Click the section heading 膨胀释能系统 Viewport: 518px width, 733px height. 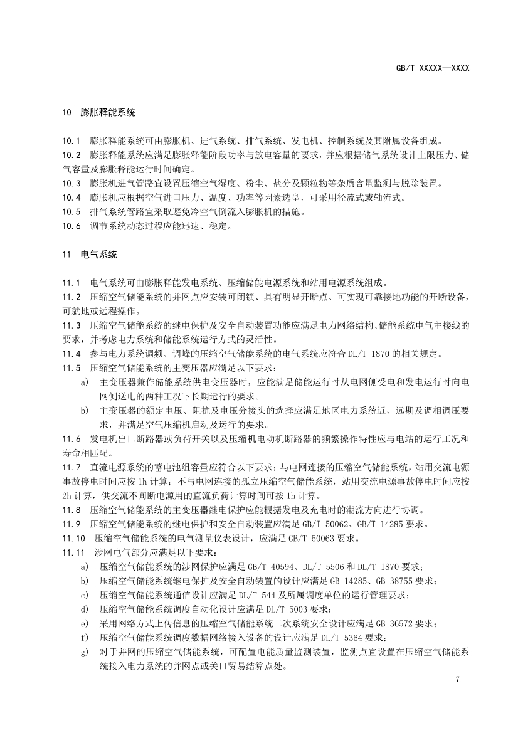[x=108, y=113]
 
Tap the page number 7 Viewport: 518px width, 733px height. [x=459, y=679]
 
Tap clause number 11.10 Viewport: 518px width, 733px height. [x=73, y=538]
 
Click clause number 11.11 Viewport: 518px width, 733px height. [x=73, y=552]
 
